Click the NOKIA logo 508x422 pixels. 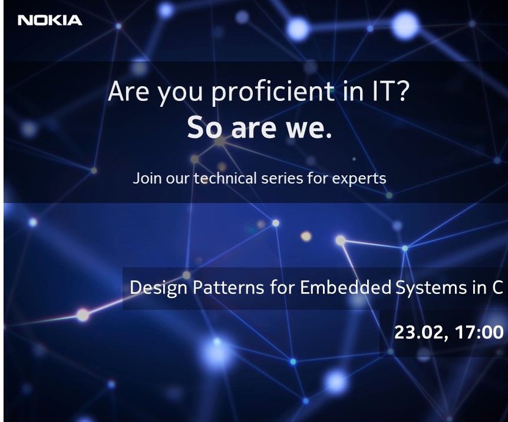pyautogui.click(x=50, y=21)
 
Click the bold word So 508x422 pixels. pyautogui.click(x=204, y=127)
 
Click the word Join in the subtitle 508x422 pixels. pyautogui.click(x=147, y=178)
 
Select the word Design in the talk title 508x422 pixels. pyautogui.click(x=159, y=288)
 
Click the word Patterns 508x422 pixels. pyautogui.click(x=228, y=287)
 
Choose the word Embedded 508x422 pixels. pyautogui.click(x=346, y=287)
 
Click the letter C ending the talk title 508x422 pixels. pyautogui.click(x=497, y=287)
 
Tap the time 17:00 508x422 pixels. pyautogui.click(x=479, y=332)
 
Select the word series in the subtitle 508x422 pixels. pyautogui.click(x=282, y=178)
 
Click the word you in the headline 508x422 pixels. pyautogui.click(x=180, y=94)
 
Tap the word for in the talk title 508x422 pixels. pyautogui.click(x=282, y=287)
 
